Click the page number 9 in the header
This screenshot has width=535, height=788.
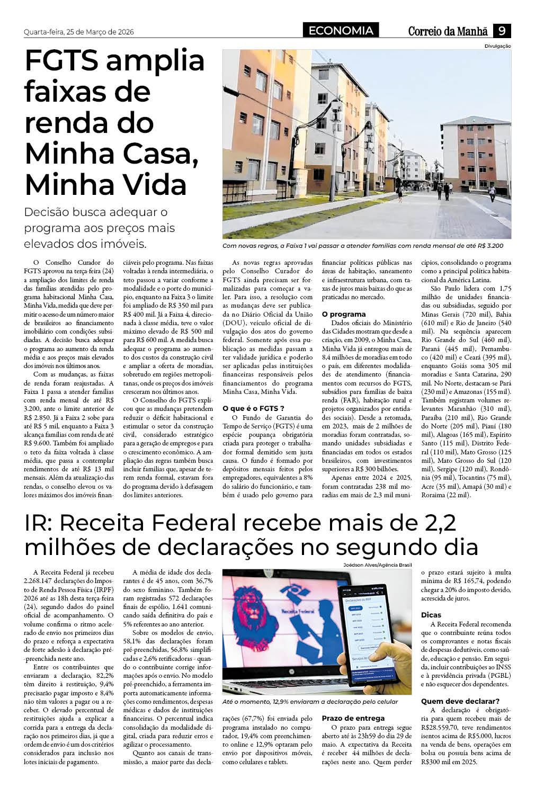click(502, 31)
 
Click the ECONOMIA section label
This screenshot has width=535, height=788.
click(341, 31)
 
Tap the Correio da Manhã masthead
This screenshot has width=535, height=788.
click(448, 31)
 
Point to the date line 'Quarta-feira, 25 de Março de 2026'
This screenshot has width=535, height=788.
click(79, 32)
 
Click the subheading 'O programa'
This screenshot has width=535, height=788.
click(344, 314)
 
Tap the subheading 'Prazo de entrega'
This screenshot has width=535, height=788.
click(353, 718)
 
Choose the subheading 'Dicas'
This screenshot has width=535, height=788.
click(431, 615)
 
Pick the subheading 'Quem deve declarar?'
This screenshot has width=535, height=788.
click(460, 701)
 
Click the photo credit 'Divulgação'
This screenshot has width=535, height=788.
click(497, 46)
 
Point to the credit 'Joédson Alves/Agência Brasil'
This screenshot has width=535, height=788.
click(377, 565)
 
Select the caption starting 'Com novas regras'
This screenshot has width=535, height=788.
click(362, 246)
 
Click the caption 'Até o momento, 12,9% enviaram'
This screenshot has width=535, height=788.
click(310, 702)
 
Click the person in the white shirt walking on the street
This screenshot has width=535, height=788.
click(492, 192)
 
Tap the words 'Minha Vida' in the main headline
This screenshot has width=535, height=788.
click(105, 184)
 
